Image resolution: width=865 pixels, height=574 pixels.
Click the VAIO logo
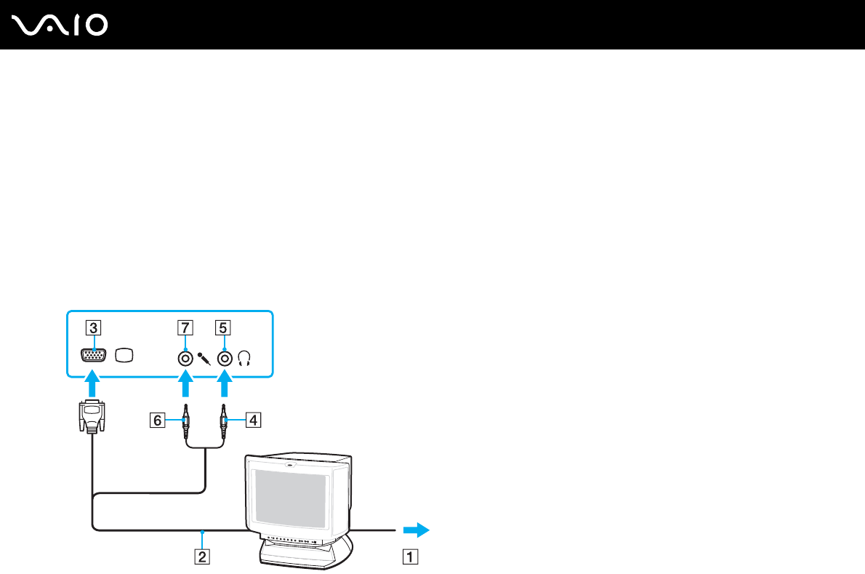(60, 25)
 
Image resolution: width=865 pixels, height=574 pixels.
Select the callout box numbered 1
(411, 558)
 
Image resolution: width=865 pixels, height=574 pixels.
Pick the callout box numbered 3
(92, 327)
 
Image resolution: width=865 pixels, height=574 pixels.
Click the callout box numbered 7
(185, 327)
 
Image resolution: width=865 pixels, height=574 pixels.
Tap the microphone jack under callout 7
(186, 358)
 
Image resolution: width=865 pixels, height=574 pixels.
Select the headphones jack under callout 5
(225, 358)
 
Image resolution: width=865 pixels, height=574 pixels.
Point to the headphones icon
(244, 358)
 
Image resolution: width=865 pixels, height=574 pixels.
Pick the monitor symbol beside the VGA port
(125, 356)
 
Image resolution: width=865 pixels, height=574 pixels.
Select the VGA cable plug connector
(91, 418)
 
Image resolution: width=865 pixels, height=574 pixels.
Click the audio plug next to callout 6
(186, 420)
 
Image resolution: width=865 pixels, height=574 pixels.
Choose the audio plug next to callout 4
(225, 420)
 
